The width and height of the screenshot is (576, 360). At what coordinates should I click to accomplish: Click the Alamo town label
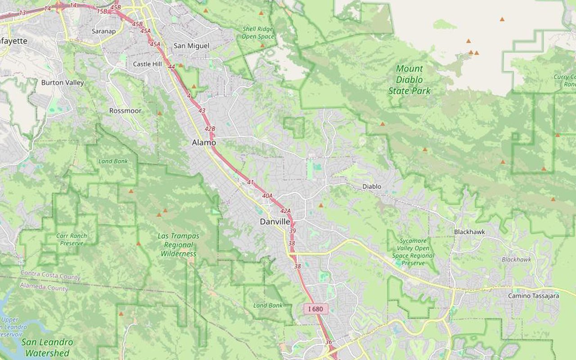(x=204, y=143)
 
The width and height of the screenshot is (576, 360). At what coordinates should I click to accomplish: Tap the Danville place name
(x=275, y=222)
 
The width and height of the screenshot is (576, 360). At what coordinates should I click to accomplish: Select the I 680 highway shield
(x=316, y=309)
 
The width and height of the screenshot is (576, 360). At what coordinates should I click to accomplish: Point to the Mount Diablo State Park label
(x=409, y=80)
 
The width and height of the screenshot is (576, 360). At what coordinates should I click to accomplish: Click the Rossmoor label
(x=125, y=111)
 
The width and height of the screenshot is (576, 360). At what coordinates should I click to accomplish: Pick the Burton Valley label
(x=63, y=83)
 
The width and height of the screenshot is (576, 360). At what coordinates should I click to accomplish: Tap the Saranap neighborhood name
(x=103, y=31)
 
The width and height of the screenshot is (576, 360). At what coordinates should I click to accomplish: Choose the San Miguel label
(x=192, y=46)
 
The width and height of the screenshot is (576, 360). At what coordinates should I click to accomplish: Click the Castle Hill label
(x=147, y=64)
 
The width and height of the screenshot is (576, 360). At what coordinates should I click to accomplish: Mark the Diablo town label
(x=372, y=186)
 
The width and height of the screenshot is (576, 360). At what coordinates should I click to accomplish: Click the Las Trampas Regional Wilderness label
(x=179, y=245)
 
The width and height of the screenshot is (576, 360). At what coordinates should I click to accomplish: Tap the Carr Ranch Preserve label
(x=72, y=239)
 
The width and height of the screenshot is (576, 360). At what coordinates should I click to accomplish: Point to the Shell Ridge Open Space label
(x=258, y=33)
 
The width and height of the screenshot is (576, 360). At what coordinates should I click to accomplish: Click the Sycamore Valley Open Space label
(x=413, y=252)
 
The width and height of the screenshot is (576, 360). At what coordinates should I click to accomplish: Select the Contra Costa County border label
(x=50, y=275)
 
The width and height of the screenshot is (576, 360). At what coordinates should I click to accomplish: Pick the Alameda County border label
(x=44, y=287)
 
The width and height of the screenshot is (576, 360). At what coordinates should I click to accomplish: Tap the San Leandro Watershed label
(x=47, y=347)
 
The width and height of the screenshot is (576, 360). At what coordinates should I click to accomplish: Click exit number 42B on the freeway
(x=210, y=129)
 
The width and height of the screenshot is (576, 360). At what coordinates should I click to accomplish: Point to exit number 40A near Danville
(x=267, y=196)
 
